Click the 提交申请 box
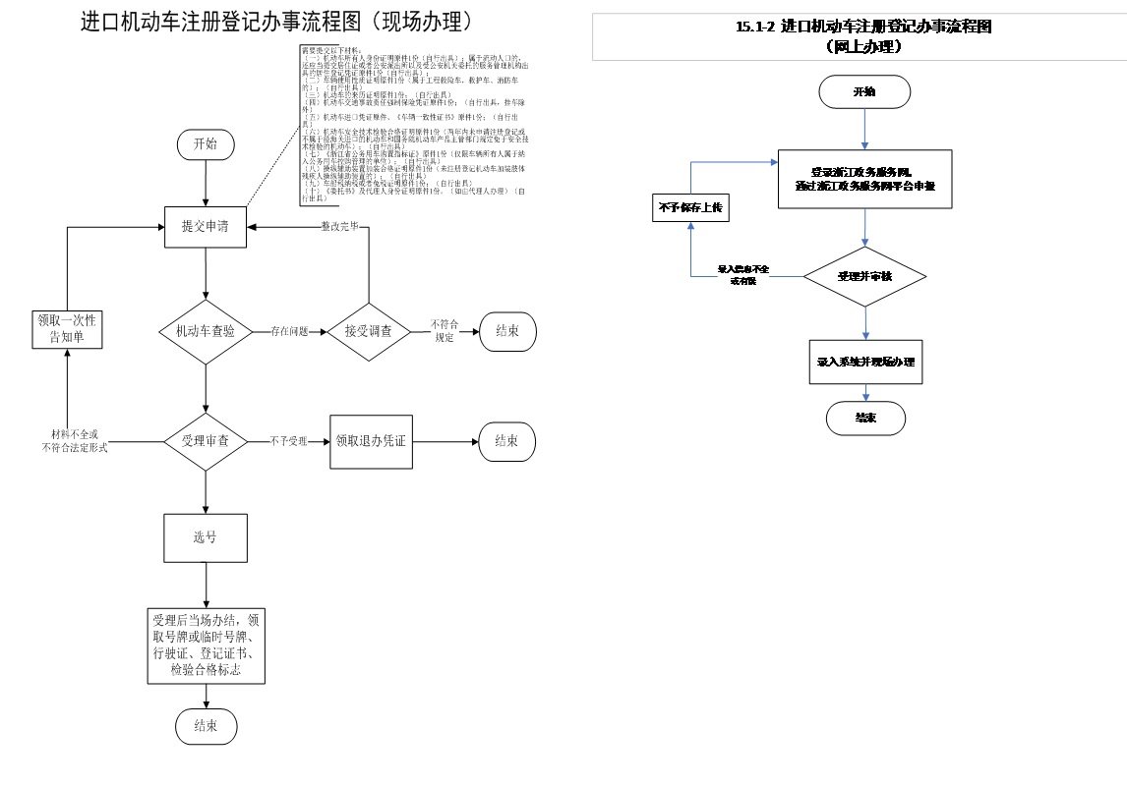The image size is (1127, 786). pyautogui.click(x=206, y=227)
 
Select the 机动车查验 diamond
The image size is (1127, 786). pyautogui.click(x=206, y=332)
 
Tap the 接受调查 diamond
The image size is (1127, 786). pyautogui.click(x=368, y=332)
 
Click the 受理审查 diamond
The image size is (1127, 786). pyautogui.click(x=206, y=441)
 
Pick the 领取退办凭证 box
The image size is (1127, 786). pyautogui.click(x=368, y=441)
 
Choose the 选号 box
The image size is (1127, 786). pyautogui.click(x=206, y=537)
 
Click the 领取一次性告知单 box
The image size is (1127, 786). pyautogui.click(x=67, y=330)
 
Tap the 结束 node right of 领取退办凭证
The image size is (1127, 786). pyautogui.click(x=507, y=441)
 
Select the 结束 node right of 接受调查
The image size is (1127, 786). pyautogui.click(x=507, y=332)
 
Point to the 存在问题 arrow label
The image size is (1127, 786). pyautogui.click(x=290, y=332)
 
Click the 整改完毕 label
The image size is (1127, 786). pyautogui.click(x=339, y=226)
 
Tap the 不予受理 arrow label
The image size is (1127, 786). pyautogui.click(x=288, y=441)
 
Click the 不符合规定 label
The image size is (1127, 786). pyautogui.click(x=445, y=331)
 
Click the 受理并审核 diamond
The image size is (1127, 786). pyautogui.click(x=864, y=276)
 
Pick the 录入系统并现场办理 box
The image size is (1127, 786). pyautogui.click(x=865, y=362)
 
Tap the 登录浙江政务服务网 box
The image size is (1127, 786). pyautogui.click(x=864, y=179)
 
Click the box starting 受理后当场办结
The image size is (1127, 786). pyautogui.click(x=206, y=646)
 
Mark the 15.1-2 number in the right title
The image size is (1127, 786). pyautogui.click(x=754, y=28)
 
